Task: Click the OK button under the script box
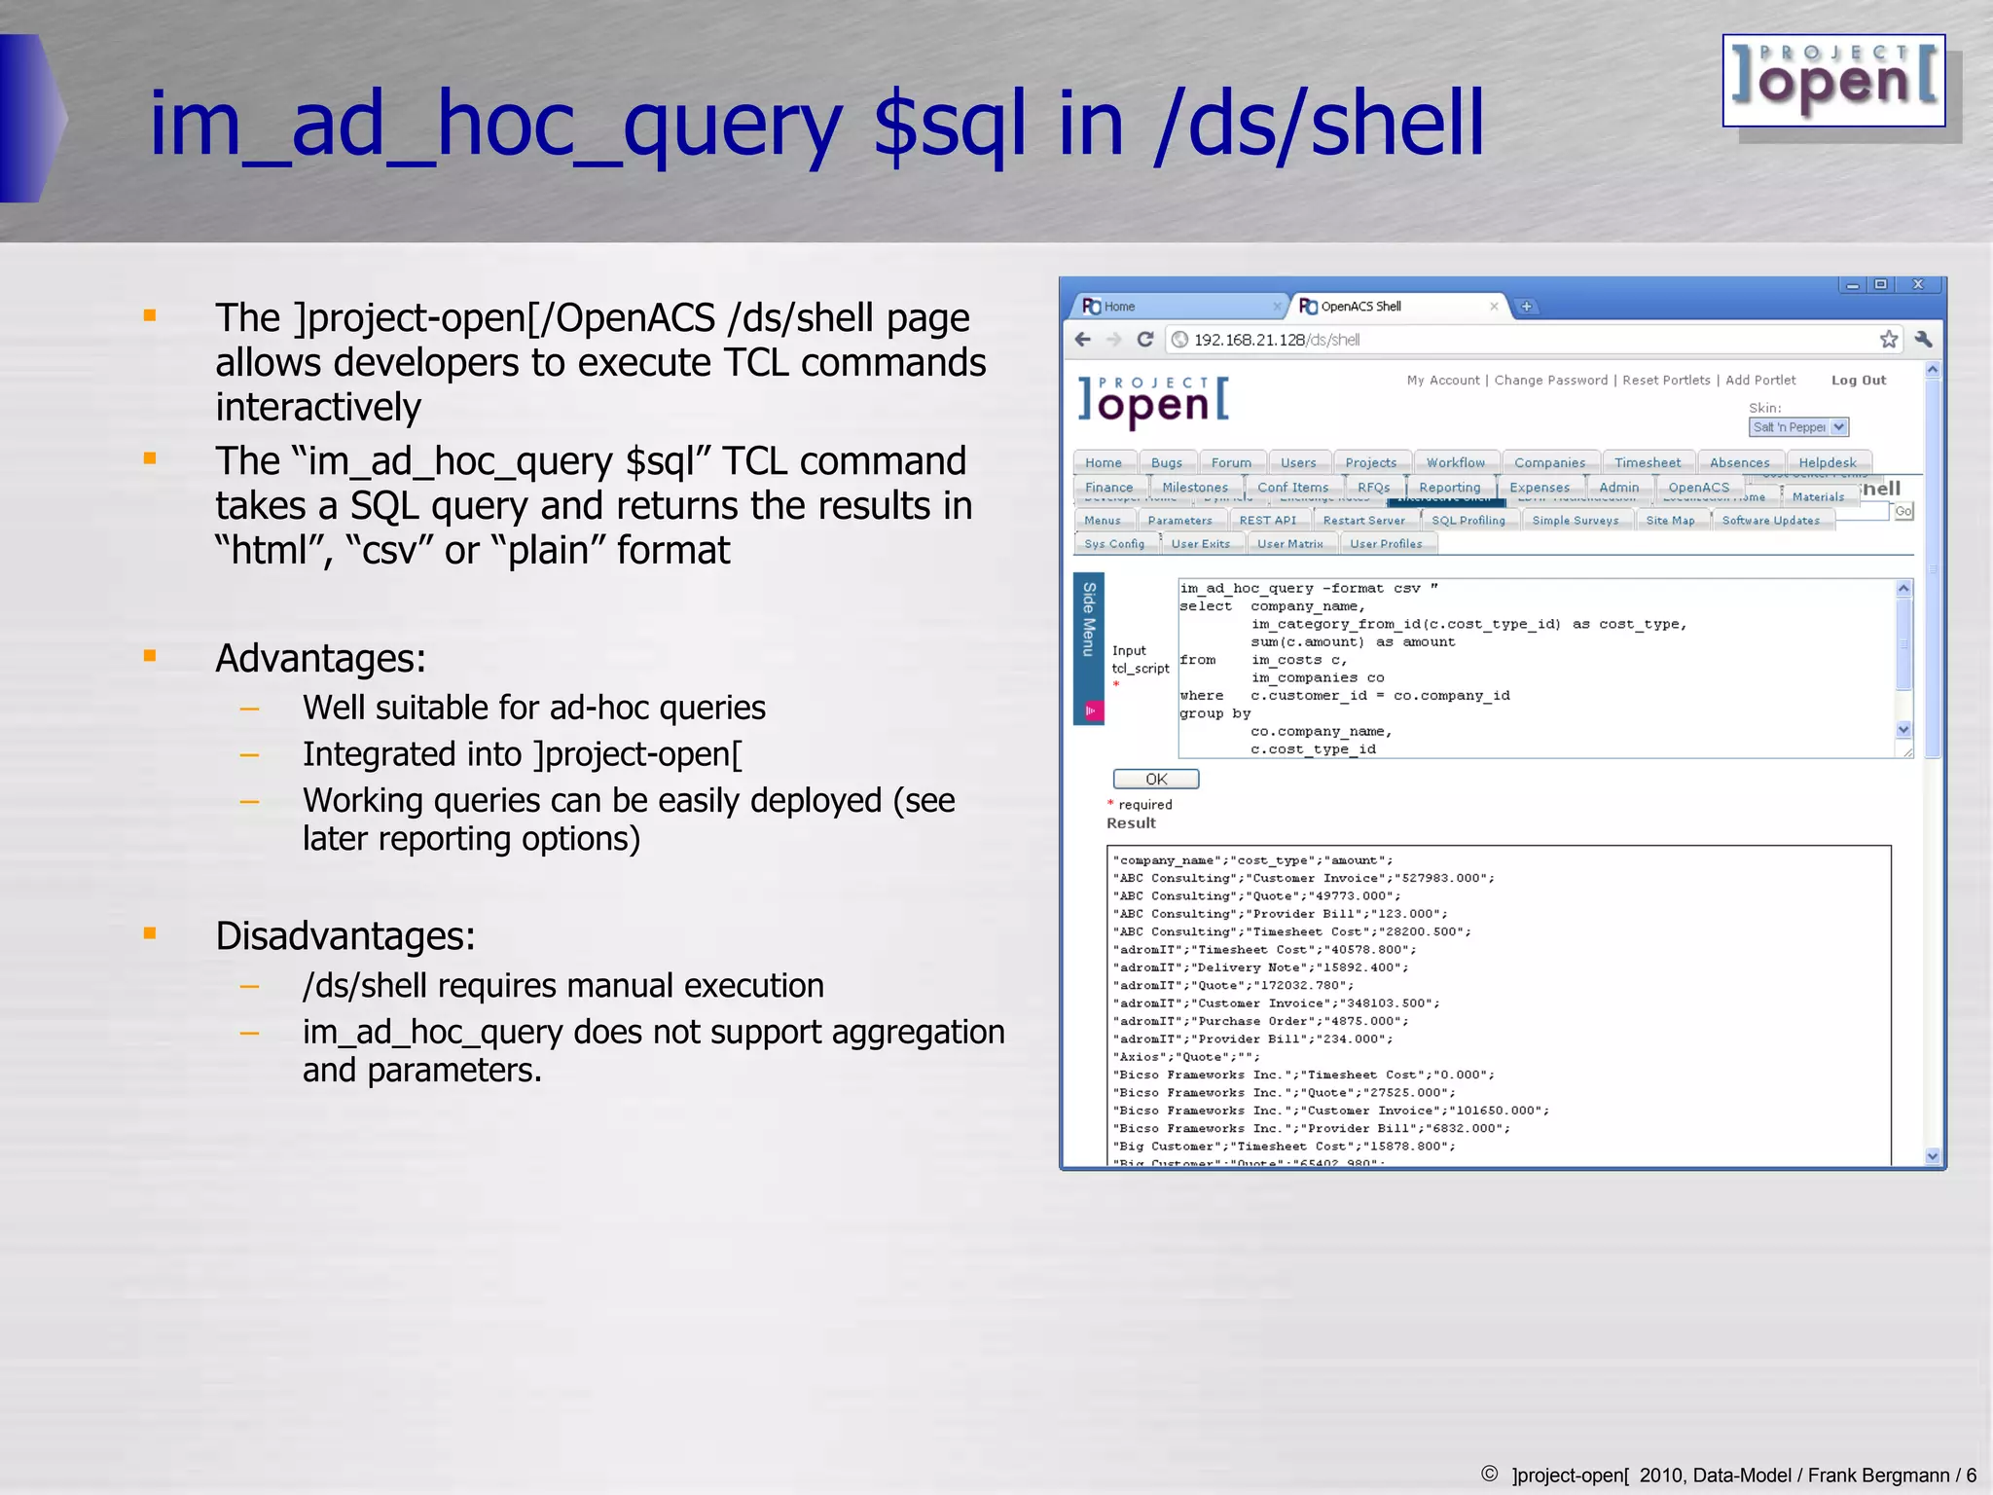(1155, 779)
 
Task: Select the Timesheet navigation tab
(1647, 462)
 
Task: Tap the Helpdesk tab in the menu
(1827, 462)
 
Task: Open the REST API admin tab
(1267, 521)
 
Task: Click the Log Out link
(1858, 381)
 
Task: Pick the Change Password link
(1550, 381)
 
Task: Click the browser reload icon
(1145, 340)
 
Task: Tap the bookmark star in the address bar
(1888, 340)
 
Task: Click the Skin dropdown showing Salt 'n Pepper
(1797, 427)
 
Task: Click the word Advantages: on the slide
(320, 659)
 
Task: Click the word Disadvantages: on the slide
(344, 936)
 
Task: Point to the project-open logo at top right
(1833, 82)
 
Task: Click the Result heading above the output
(1131, 823)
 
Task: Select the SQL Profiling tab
(1468, 521)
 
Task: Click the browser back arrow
(1083, 340)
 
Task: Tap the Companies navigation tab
(1549, 462)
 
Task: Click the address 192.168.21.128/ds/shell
(1277, 340)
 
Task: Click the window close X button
(1917, 284)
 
